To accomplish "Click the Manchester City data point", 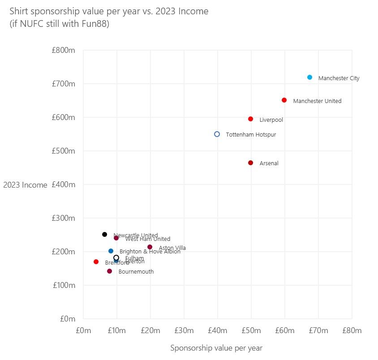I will tap(309, 77).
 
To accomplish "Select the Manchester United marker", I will tap(284, 100).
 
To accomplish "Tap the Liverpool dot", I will tap(250, 119).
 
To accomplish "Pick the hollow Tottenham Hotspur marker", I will tap(217, 134).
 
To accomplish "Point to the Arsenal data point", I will tap(250, 163).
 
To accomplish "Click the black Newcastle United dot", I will tap(104, 234).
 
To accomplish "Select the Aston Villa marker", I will tap(150, 247).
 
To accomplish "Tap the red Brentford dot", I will tap(96, 261).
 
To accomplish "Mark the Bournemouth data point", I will tap(109, 271).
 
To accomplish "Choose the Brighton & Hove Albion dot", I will tap(111, 251).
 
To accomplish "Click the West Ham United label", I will tap(148, 240).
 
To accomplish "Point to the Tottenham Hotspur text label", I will tap(248, 135).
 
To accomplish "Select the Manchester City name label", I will tap(339, 78).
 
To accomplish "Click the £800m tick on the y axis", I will tap(63, 51).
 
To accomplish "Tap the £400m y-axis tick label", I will tap(63, 184).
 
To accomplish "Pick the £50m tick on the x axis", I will tap(251, 330).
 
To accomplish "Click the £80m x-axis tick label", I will tap(352, 330).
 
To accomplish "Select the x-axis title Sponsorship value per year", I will tap(216, 348).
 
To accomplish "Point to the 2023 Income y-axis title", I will tap(25, 185).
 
